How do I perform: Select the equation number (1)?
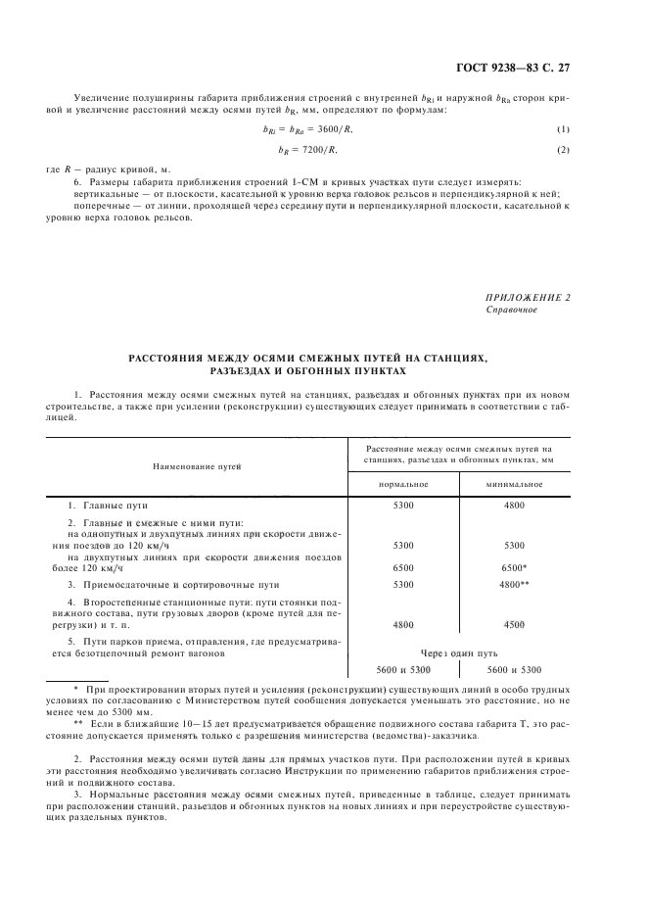tap(562, 130)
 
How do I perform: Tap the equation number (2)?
tap(562, 149)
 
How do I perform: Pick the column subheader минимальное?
tap(514, 484)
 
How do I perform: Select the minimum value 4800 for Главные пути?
tap(514, 505)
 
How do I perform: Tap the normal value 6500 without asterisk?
tap(403, 567)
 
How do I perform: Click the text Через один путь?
tap(458, 652)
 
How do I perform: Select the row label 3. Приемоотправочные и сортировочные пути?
tap(166, 584)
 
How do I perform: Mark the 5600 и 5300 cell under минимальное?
tap(514, 669)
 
